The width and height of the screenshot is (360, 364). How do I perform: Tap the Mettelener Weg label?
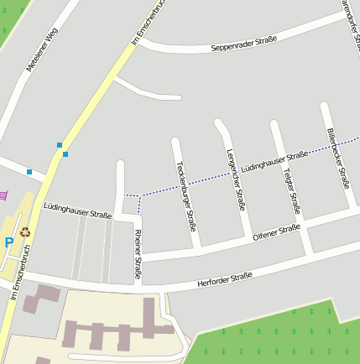[41, 49]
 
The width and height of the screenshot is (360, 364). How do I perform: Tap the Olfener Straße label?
[276, 230]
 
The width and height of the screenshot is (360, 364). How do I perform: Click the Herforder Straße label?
[224, 278]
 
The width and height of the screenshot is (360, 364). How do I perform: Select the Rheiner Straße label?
[138, 252]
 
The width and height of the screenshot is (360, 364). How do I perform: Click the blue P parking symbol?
[8, 242]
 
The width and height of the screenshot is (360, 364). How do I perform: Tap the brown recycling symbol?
[25, 231]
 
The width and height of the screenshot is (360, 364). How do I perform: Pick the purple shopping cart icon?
[5, 195]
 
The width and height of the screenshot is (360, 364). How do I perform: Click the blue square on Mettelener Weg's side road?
[29, 172]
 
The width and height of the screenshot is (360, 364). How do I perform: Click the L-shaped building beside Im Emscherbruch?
[43, 297]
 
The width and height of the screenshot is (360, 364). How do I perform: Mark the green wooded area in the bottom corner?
[277, 340]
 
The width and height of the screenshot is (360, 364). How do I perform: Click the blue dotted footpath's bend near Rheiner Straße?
[138, 195]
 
